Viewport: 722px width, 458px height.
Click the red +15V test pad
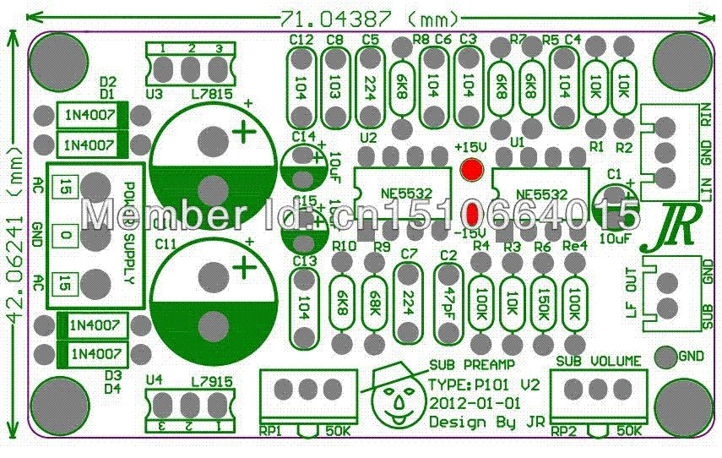point(470,169)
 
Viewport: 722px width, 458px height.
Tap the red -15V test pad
point(472,211)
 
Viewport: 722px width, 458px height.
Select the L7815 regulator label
point(211,95)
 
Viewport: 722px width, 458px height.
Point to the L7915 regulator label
point(211,382)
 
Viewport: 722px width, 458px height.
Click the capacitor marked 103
point(334,85)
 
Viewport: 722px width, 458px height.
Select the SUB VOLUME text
point(598,361)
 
